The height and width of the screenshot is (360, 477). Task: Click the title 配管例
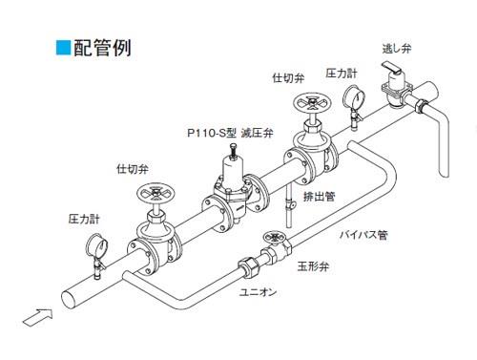coord(102,48)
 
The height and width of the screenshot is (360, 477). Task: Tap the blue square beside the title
coord(63,48)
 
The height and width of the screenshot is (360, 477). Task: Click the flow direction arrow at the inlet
coord(38,317)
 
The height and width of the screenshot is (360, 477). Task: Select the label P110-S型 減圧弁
coord(230,133)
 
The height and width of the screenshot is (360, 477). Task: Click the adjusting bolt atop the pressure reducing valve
coord(233,151)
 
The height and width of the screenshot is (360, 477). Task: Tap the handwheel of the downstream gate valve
coord(312,102)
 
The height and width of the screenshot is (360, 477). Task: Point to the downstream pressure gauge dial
coord(354,96)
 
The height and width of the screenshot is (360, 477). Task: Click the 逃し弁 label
coord(397,49)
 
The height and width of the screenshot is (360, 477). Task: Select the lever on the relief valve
coord(392,68)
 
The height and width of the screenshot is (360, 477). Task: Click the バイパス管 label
coord(363,235)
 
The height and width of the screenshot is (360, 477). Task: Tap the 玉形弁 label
coord(313,266)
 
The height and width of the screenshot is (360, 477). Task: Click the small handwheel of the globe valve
coord(273,237)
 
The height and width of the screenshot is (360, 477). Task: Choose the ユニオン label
coord(258,292)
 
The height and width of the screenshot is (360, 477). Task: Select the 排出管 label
coord(320,197)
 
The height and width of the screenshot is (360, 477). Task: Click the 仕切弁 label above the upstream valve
coord(133,169)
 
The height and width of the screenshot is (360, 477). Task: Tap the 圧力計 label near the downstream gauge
coord(342,74)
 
